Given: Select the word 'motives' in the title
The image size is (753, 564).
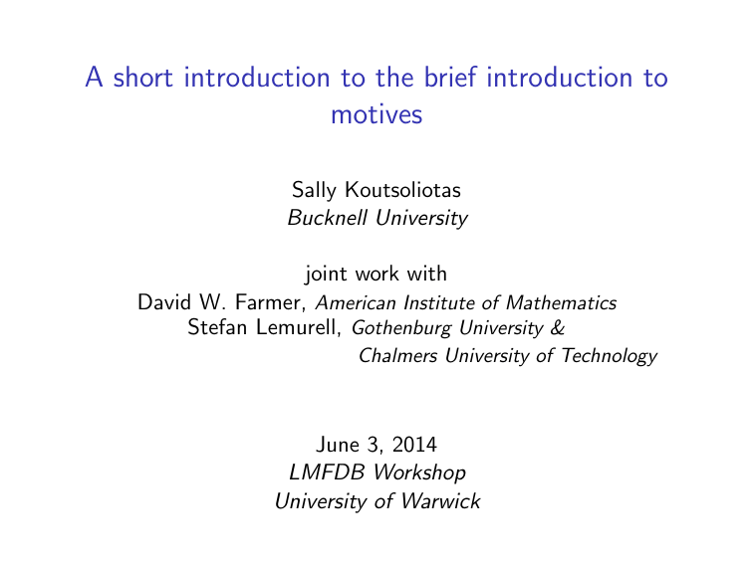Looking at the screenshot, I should (376, 115).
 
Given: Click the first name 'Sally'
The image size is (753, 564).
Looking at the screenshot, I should (313, 189).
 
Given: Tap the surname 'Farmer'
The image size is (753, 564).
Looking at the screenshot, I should (278, 301).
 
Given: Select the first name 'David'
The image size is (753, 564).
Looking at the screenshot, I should (163, 301).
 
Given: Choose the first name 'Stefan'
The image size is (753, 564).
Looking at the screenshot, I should (215, 327).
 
